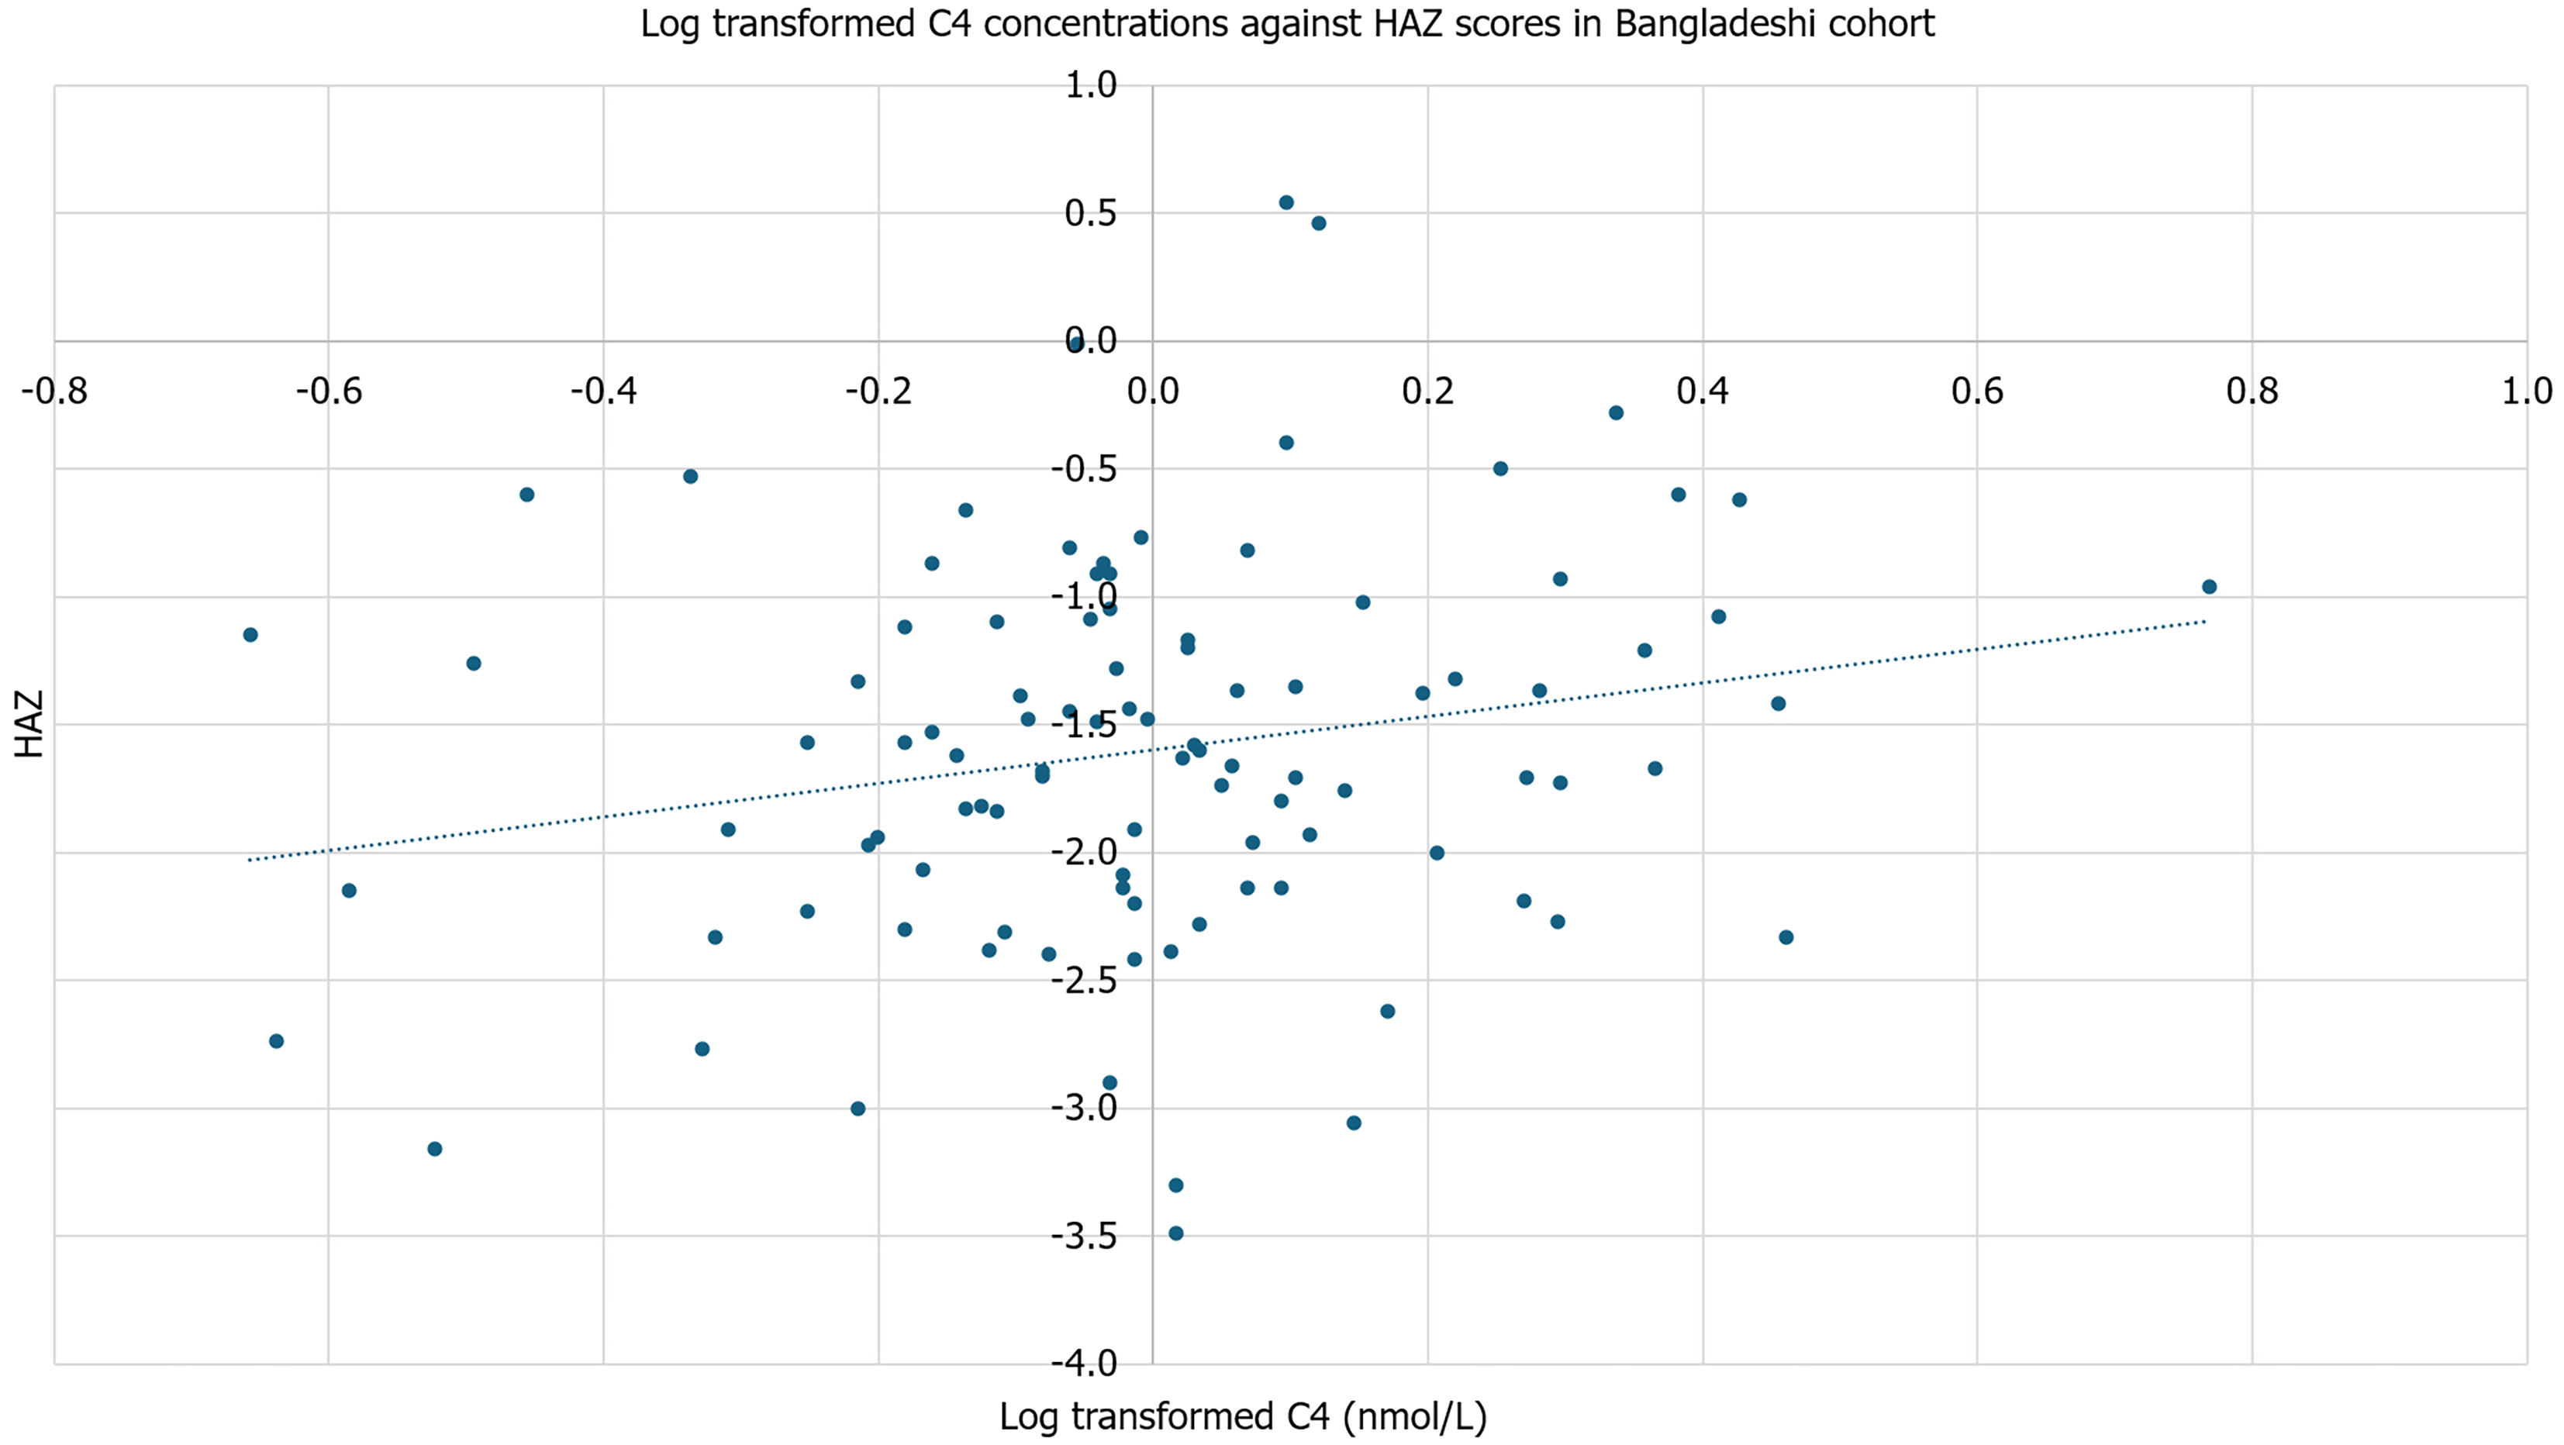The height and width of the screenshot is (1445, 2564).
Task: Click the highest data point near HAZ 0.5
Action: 1286,203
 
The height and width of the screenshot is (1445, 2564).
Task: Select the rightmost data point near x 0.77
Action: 2210,587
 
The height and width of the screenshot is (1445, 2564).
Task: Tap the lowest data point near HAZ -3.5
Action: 1175,1234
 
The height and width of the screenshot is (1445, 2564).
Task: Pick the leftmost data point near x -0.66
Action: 251,635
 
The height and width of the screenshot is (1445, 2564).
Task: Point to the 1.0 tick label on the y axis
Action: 1091,85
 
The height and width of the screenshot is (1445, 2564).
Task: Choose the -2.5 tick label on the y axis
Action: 1084,980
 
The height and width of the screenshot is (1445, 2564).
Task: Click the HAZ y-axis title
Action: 30,725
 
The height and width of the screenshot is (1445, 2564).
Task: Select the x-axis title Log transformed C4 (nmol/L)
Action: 1242,1417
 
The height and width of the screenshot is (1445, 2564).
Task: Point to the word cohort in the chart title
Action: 1891,23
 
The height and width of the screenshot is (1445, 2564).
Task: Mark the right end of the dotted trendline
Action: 2206,622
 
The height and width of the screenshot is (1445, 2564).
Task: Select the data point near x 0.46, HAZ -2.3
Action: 1786,937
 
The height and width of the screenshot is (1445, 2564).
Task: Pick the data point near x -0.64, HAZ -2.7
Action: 277,1042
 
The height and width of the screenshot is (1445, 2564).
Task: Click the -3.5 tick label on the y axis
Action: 1084,1236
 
